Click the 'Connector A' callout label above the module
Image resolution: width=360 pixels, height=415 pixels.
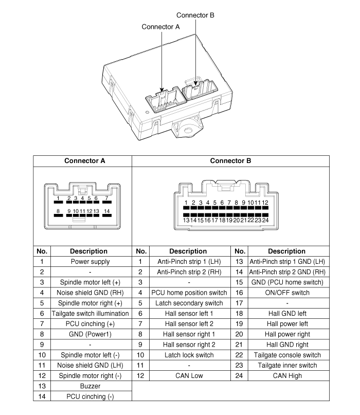(x=160, y=26)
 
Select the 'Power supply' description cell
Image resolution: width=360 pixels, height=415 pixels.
(x=90, y=261)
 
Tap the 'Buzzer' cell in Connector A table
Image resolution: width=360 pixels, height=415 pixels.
(x=90, y=386)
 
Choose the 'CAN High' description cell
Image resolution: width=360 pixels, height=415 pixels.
(x=287, y=375)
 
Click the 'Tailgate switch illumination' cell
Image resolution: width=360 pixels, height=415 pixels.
(x=90, y=313)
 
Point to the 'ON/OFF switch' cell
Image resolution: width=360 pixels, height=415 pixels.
(x=287, y=293)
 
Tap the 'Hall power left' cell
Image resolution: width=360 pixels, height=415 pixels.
(x=287, y=323)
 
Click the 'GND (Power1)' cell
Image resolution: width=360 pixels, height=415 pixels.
(x=90, y=334)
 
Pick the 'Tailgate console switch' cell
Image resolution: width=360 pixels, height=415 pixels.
(x=287, y=355)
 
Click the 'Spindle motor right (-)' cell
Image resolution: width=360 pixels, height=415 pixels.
(x=90, y=375)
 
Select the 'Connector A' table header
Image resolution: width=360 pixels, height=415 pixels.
(x=84, y=161)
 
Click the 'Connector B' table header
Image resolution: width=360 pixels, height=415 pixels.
(x=230, y=161)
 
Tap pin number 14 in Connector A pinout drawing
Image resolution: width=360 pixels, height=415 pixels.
(x=107, y=211)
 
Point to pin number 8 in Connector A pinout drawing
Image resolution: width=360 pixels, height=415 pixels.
(x=59, y=211)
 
